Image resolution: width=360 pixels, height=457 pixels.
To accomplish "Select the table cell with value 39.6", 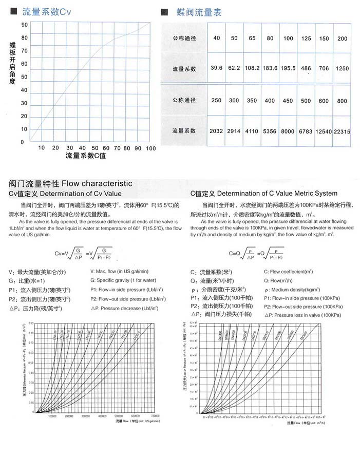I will pos(216,68).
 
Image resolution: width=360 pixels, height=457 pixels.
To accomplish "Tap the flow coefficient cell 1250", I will pos(342,68).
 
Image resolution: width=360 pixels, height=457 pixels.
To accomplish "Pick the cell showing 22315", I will pos(342,131).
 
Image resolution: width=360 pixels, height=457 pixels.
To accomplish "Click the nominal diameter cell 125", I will pos(306,39).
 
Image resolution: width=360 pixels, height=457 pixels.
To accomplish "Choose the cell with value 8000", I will pos(288,131).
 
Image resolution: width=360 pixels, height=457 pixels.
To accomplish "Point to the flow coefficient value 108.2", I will pos(252,68).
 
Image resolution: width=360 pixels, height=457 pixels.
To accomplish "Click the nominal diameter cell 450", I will pos(288,101).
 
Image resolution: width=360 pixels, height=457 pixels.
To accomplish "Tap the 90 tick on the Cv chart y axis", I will pos(24,24).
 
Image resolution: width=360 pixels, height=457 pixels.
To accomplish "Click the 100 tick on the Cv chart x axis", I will pos(150,148).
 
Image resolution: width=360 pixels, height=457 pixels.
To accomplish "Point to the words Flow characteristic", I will pos(97,183).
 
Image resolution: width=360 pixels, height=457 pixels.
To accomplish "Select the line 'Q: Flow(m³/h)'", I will pos(281,280).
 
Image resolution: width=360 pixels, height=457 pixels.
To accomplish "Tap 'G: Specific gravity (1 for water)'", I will pos(123,280).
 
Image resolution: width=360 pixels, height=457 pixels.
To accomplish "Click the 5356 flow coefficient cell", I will pos(270,131).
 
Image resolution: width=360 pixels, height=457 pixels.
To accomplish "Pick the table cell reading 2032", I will pos(216,131).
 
